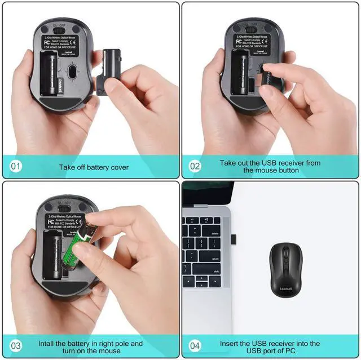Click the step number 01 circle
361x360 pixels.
coord(16,166)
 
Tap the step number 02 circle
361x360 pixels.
coord(195,166)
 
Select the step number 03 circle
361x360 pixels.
coord(16,345)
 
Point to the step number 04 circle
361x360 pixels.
coord(195,345)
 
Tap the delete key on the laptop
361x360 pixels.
coord(214,233)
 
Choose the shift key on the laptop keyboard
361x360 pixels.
coord(214,270)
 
